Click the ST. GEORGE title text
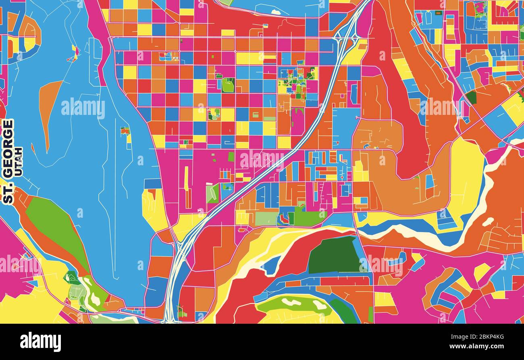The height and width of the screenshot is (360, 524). (x=8, y=161)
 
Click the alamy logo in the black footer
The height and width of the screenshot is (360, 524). (x=40, y=341)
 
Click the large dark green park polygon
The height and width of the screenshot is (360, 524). (x=333, y=255)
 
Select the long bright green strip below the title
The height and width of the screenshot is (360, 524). (x=56, y=230)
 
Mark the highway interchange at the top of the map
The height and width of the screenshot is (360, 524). (x=345, y=38)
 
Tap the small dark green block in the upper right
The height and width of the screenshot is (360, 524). (x=471, y=97)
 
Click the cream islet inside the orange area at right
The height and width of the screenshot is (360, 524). (x=488, y=222)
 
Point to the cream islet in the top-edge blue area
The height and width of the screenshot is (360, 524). (x=276, y=12)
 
